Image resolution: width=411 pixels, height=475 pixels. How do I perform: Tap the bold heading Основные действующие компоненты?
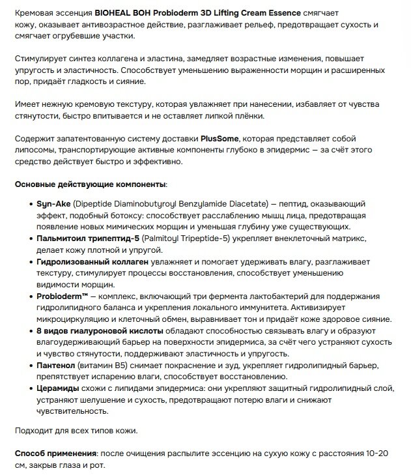tap(91, 184)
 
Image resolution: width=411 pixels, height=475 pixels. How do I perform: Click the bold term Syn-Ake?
tap(48, 204)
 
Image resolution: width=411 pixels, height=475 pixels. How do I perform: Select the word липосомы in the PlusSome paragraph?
tap(36, 150)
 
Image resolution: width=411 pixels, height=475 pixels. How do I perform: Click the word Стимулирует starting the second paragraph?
tap(41, 59)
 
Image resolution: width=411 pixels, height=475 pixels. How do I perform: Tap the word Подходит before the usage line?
tap(35, 431)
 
